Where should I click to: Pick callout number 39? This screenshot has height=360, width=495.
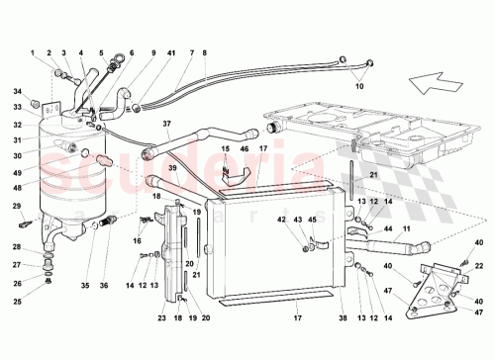[x=171, y=167]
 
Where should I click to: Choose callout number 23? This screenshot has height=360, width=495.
[x=162, y=320]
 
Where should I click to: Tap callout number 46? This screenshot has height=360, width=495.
[x=243, y=148]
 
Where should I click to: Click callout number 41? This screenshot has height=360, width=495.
[x=170, y=51]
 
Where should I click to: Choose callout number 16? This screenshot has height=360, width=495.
[x=138, y=240]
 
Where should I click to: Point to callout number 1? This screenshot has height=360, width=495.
[x=32, y=51]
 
